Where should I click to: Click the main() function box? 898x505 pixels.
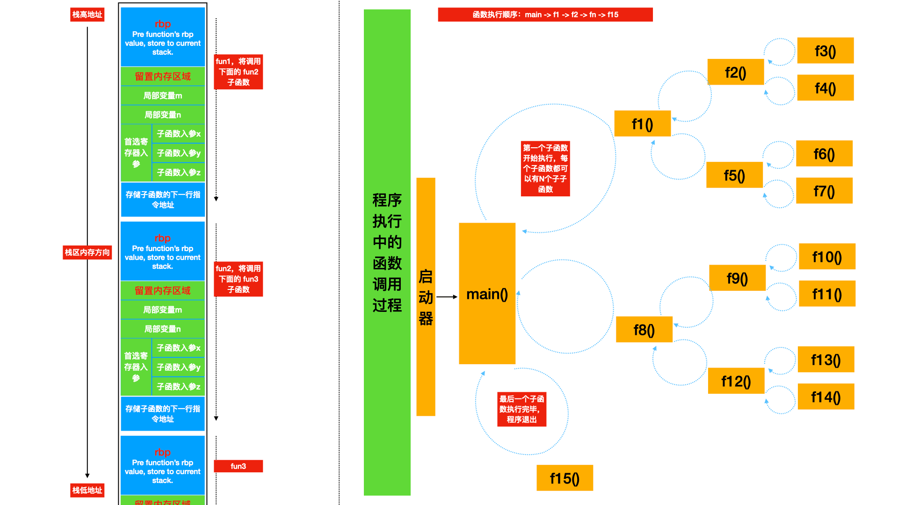tap(487, 294)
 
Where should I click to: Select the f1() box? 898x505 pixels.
tap(642, 123)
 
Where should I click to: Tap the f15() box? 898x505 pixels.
tap(565, 478)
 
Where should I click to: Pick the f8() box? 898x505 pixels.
tap(644, 330)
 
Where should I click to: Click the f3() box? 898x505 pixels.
tap(825, 50)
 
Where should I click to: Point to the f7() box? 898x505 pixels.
tap(824, 191)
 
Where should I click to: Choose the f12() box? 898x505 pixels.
tap(736, 381)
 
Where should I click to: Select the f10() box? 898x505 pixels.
tap(827, 256)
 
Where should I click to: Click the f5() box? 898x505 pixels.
tap(734, 175)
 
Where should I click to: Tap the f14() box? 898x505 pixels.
tap(826, 397)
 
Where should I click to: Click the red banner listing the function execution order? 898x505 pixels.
tap(545, 14)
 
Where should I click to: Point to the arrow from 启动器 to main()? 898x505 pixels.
tap(447, 297)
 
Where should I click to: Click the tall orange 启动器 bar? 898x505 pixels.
tap(426, 297)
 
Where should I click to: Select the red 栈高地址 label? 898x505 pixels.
tap(87, 14)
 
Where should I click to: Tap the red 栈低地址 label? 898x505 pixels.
tap(87, 490)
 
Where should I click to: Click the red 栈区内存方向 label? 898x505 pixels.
tap(87, 252)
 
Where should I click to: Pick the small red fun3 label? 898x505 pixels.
tap(238, 466)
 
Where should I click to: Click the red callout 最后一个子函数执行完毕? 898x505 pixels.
tap(521, 409)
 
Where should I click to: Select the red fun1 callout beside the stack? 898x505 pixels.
tap(238, 72)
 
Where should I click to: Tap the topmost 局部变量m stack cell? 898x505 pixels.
tap(163, 95)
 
